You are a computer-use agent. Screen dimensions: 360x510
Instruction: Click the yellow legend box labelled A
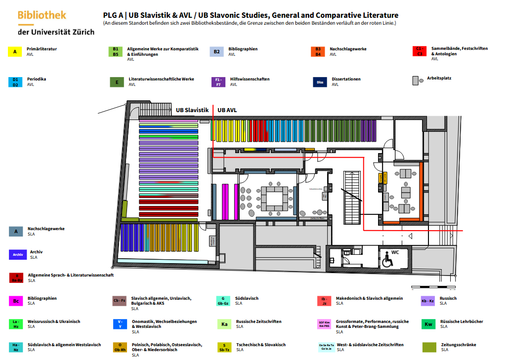click(15, 51)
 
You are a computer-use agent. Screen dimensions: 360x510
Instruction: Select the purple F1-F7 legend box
click(218, 82)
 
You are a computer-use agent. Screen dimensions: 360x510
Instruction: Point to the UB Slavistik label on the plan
click(192, 110)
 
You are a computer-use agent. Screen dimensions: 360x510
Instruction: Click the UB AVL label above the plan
click(227, 110)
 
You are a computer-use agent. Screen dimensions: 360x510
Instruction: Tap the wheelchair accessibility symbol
click(386, 260)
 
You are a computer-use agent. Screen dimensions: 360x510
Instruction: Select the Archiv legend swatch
click(18, 254)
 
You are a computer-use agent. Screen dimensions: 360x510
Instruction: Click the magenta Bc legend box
click(16, 301)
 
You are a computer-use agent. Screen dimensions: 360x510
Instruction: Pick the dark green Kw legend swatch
click(428, 324)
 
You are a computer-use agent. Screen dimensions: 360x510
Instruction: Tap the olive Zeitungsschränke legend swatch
click(429, 347)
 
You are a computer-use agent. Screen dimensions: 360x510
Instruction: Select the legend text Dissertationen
click(346, 79)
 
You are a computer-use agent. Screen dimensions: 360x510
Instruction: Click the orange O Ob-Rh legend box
click(120, 348)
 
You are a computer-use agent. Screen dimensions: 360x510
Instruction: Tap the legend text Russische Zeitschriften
click(258, 321)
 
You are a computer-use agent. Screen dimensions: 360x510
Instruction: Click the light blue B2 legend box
click(217, 51)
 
